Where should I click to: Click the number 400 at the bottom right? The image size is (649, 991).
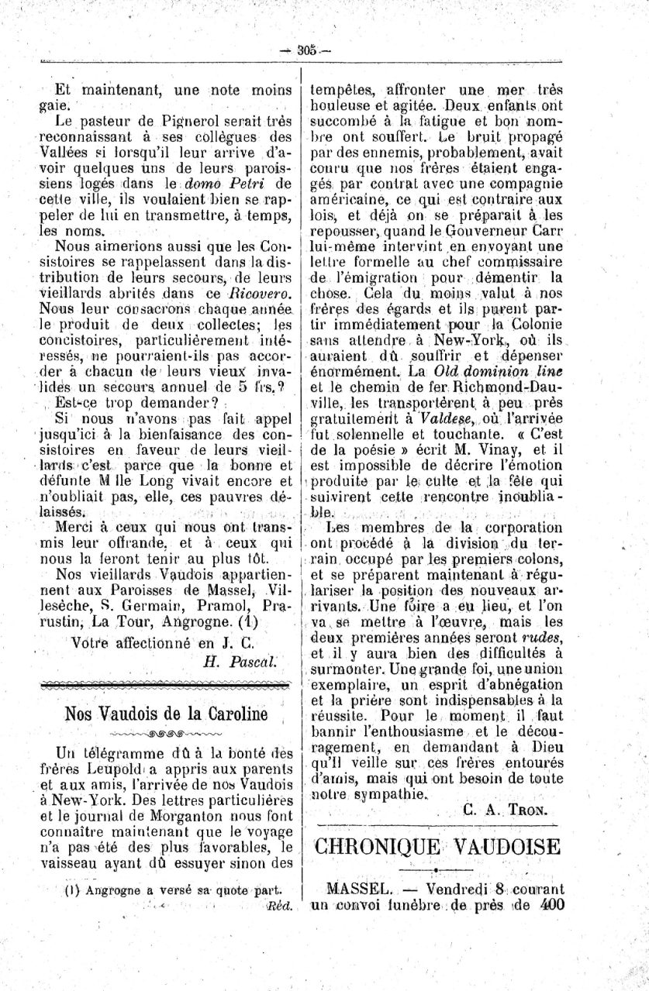click(x=547, y=904)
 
